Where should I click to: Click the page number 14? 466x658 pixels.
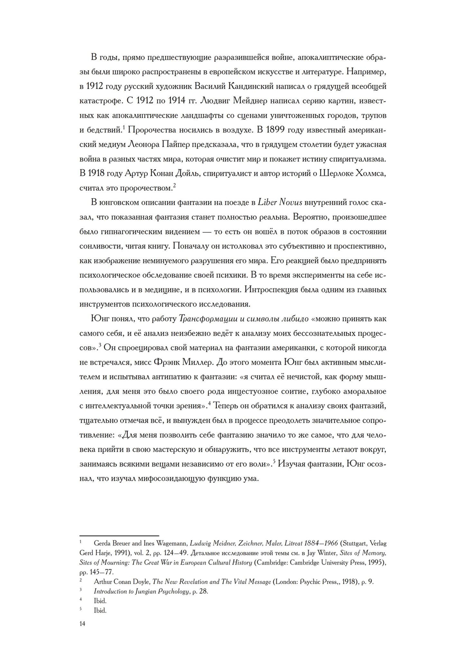(82, 624)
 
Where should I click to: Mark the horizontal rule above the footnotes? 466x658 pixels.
(119, 536)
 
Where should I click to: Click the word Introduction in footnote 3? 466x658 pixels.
(110, 591)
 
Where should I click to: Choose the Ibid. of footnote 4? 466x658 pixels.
(100, 601)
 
